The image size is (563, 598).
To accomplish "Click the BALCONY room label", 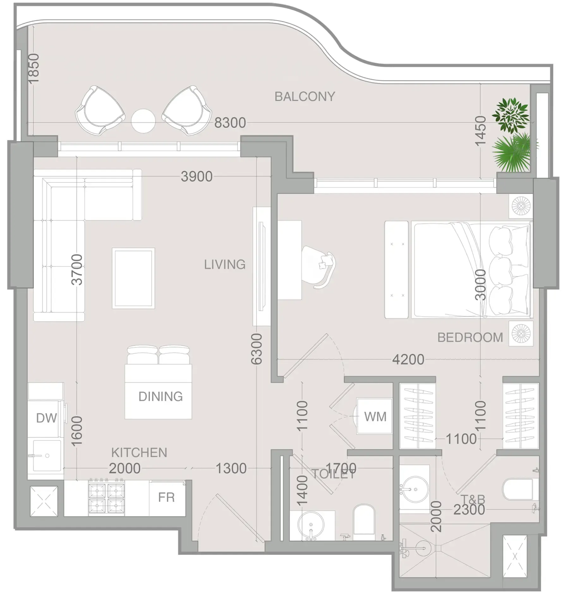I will pos(305,96).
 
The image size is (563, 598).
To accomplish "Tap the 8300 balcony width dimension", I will pos(230,123).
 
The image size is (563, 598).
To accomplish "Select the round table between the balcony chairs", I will pos(143,121).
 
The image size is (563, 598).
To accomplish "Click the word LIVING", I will pos(225,265).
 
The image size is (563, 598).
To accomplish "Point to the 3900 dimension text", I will pos(197,176).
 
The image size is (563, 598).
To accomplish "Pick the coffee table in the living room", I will pos(133,278).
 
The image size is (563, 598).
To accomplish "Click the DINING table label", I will pos(160,396).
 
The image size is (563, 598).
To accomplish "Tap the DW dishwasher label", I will pos(46,418).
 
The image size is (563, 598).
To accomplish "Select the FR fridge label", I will pos(166,497).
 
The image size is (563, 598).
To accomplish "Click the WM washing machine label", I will pos(375,417).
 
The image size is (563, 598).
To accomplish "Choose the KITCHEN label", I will pos(139,453).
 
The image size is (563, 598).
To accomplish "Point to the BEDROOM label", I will pos(470,338).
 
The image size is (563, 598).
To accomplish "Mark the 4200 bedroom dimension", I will pos(408,360).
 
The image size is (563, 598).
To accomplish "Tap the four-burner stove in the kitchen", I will pos(106,498).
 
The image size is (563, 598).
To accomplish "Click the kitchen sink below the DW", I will pos(46,455).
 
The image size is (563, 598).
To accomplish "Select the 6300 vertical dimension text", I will pos(257,349).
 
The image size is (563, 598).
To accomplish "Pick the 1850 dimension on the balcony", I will pos(33,69).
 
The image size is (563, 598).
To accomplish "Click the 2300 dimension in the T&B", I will pos(469,510).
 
